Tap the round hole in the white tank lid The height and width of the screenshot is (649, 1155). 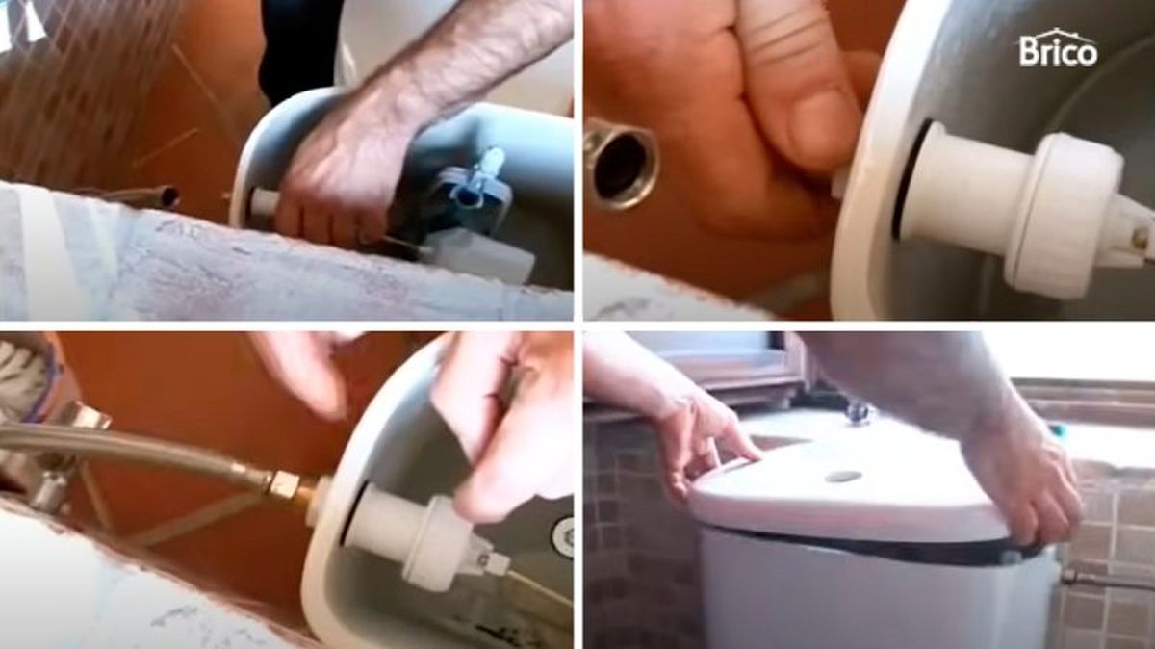[843, 476]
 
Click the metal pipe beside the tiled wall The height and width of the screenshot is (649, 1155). [1107, 581]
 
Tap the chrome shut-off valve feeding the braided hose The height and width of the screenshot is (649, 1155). [58, 453]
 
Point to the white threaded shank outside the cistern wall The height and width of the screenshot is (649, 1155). [262, 201]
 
